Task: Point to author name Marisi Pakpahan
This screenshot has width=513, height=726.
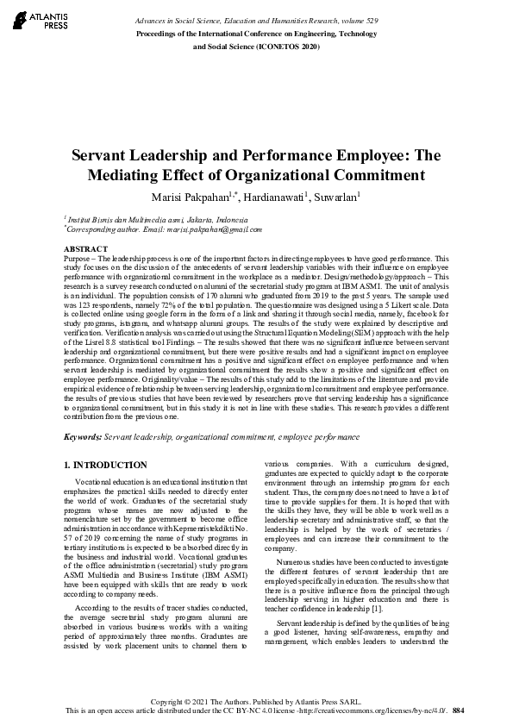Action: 189,197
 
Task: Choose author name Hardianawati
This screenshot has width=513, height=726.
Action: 274,197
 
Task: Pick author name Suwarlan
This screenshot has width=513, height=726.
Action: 335,197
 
